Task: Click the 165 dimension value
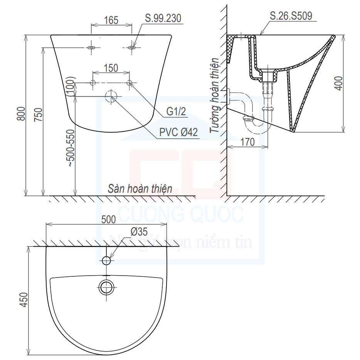[x=111, y=20]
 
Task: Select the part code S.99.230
[x=163, y=18]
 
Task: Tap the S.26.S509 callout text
[x=291, y=16]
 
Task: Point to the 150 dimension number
[x=111, y=68]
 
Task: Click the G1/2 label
[x=176, y=111]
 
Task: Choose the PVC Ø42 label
[x=178, y=132]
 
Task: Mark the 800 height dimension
[x=21, y=113]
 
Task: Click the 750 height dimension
[x=38, y=114]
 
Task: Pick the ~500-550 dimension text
[x=71, y=148]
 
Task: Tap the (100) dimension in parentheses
[x=71, y=86]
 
